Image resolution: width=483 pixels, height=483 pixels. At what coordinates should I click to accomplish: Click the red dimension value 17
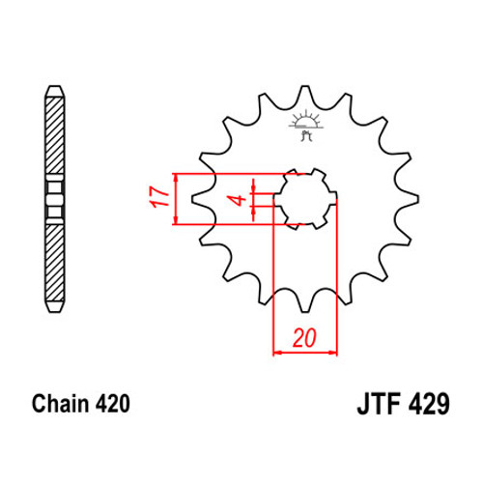pyautogui.click(x=159, y=197)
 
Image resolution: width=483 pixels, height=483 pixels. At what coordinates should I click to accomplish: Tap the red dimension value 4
pyautogui.click(x=239, y=200)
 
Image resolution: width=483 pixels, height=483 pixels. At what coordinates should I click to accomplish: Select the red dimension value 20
pyautogui.click(x=304, y=338)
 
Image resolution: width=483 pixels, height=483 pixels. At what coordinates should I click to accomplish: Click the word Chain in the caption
pyautogui.click(x=60, y=404)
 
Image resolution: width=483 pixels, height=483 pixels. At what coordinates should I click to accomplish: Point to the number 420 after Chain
pyautogui.click(x=112, y=404)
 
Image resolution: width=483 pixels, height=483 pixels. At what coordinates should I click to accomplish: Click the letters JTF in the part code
pyautogui.click(x=379, y=404)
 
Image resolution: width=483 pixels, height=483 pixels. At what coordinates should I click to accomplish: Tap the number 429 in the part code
pyautogui.click(x=429, y=404)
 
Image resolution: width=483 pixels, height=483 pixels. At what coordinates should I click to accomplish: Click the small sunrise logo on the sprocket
pyautogui.click(x=306, y=127)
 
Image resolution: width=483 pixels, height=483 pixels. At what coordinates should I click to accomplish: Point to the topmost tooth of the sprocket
pyautogui.click(x=305, y=94)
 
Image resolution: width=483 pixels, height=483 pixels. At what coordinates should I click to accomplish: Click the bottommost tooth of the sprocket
pyautogui.click(x=305, y=304)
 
